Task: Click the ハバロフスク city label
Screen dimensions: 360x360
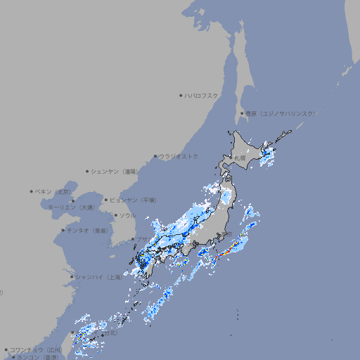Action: coord(202,95)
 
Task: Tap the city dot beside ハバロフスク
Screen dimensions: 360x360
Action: coord(181,95)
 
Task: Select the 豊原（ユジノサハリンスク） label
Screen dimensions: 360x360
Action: coord(279,113)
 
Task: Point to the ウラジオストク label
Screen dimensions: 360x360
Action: coord(179,156)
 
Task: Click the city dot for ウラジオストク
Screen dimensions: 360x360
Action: coord(155,157)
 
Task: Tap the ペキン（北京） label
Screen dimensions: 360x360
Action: coord(53,191)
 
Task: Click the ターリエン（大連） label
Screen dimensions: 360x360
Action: coord(71,207)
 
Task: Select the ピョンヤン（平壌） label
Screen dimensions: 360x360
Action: coord(133,200)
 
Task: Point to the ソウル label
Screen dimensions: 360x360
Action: coord(127,215)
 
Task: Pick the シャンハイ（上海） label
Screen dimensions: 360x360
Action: coord(98,277)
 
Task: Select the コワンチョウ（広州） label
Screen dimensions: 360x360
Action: coord(36,349)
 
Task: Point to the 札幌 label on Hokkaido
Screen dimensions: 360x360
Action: coord(240,158)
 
